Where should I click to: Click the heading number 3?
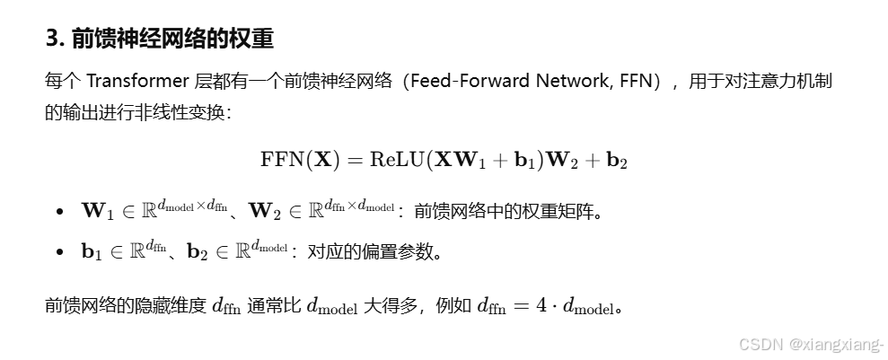click(x=51, y=40)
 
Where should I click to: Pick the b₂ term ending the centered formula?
click(x=617, y=161)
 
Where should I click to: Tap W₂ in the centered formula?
click(x=561, y=161)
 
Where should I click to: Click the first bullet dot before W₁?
click(x=59, y=212)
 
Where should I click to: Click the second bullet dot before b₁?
click(x=59, y=252)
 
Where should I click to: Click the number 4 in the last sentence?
click(x=541, y=305)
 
